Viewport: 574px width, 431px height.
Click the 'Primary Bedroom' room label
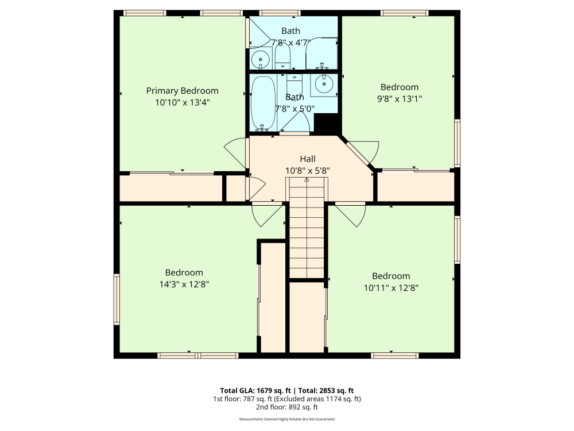click(x=182, y=91)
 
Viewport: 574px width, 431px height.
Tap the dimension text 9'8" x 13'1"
click(x=400, y=98)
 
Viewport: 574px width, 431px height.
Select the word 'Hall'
click(x=308, y=159)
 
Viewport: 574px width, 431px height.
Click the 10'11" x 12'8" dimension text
click(x=391, y=288)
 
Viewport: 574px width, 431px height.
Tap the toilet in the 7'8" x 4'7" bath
click(x=283, y=56)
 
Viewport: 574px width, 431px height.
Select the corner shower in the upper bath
click(x=321, y=53)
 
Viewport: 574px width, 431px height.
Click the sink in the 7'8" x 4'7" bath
click(x=261, y=58)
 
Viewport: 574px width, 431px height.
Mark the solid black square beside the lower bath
click(x=328, y=124)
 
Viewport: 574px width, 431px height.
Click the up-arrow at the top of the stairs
click(x=307, y=180)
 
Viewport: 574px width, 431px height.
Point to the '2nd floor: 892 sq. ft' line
click(x=286, y=407)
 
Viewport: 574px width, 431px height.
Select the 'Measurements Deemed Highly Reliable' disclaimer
click(x=286, y=420)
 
